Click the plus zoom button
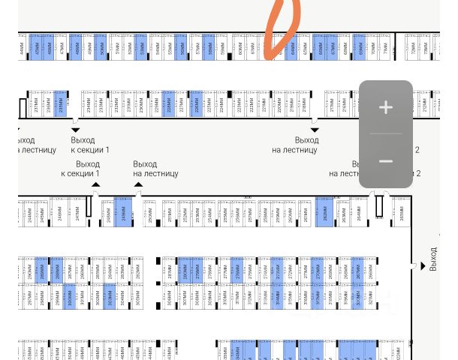pyautogui.click(x=386, y=108)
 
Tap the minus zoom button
pyautogui.click(x=386, y=161)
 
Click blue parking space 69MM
pyautogui.click(x=360, y=46)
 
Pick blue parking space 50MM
pyautogui.click(x=102, y=46)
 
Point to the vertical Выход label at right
pyautogui.click(x=433, y=259)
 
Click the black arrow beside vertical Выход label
pyautogui.click(x=423, y=266)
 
